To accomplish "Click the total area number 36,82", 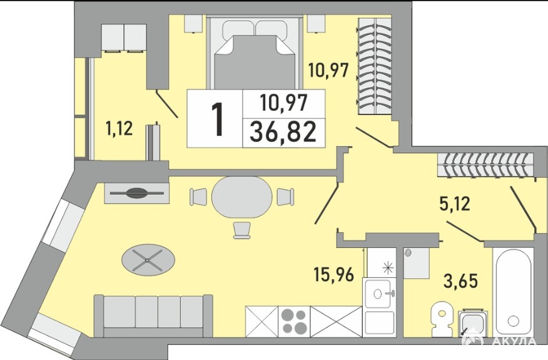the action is coord(283,131).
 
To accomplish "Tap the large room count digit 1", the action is coord(218,120).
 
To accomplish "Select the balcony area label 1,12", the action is coord(119,128).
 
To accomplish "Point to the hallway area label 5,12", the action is coord(454,203).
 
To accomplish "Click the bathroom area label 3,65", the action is coord(460,280).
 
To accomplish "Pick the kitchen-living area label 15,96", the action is coord(334,274).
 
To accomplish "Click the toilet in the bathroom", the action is coord(442,319).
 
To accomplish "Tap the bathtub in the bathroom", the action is coord(513,291).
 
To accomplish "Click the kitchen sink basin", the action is coord(380,293).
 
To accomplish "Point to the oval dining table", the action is coord(242,197).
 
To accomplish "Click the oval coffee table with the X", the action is coord(148,260).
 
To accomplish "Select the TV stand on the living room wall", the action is coord(136,193).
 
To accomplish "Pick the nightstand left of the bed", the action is coord(194,24).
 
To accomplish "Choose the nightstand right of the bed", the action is coord(317,24).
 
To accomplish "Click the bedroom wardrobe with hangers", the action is coord(374,66).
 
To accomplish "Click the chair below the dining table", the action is coord(242,230).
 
